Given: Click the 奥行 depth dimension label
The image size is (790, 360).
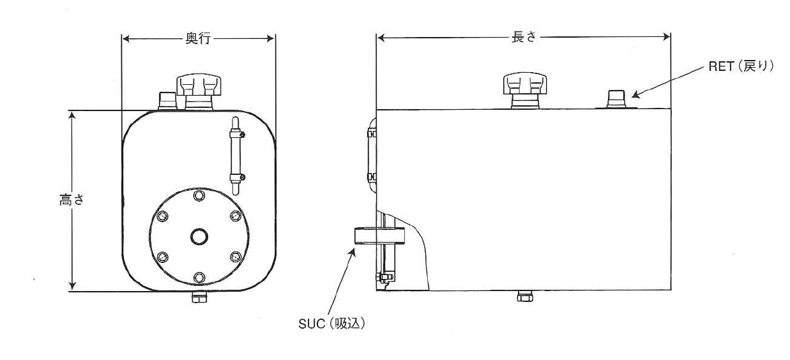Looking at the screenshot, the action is [x=198, y=38].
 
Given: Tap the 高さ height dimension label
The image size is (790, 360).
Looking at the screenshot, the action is [x=72, y=200].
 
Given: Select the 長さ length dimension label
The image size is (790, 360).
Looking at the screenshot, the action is [x=524, y=36].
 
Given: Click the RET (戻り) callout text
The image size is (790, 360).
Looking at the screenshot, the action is [x=741, y=66].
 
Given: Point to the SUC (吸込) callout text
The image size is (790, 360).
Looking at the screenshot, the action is [x=331, y=324].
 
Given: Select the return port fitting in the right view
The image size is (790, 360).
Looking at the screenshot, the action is [x=616, y=99].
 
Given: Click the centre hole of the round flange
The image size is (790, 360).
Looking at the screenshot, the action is [x=199, y=237].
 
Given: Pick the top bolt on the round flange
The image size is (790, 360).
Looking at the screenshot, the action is [x=199, y=195].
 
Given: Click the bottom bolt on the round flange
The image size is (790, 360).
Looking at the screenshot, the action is [x=199, y=278].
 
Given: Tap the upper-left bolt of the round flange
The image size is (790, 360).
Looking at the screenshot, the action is [x=163, y=216].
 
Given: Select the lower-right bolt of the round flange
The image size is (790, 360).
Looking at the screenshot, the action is [x=236, y=257].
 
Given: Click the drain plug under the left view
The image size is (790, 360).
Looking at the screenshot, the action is [x=199, y=297].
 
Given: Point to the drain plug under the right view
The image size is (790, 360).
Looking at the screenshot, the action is [x=525, y=296].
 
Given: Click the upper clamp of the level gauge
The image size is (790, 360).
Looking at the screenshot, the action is [x=237, y=134].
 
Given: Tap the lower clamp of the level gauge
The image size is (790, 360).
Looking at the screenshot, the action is [x=237, y=177].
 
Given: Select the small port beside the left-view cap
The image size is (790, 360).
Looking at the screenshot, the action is [x=167, y=100].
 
